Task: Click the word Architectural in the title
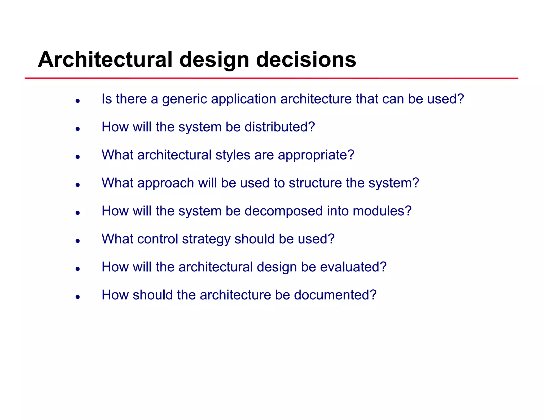pos(105,59)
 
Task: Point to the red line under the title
pos(271,78)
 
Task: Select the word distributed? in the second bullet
pos(279,127)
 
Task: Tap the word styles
pos(233,155)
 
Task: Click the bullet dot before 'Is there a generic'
pos(78,101)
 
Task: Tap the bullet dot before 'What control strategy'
pos(78,241)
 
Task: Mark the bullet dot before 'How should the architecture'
pos(78,297)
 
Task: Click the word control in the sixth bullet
pos(157,239)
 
